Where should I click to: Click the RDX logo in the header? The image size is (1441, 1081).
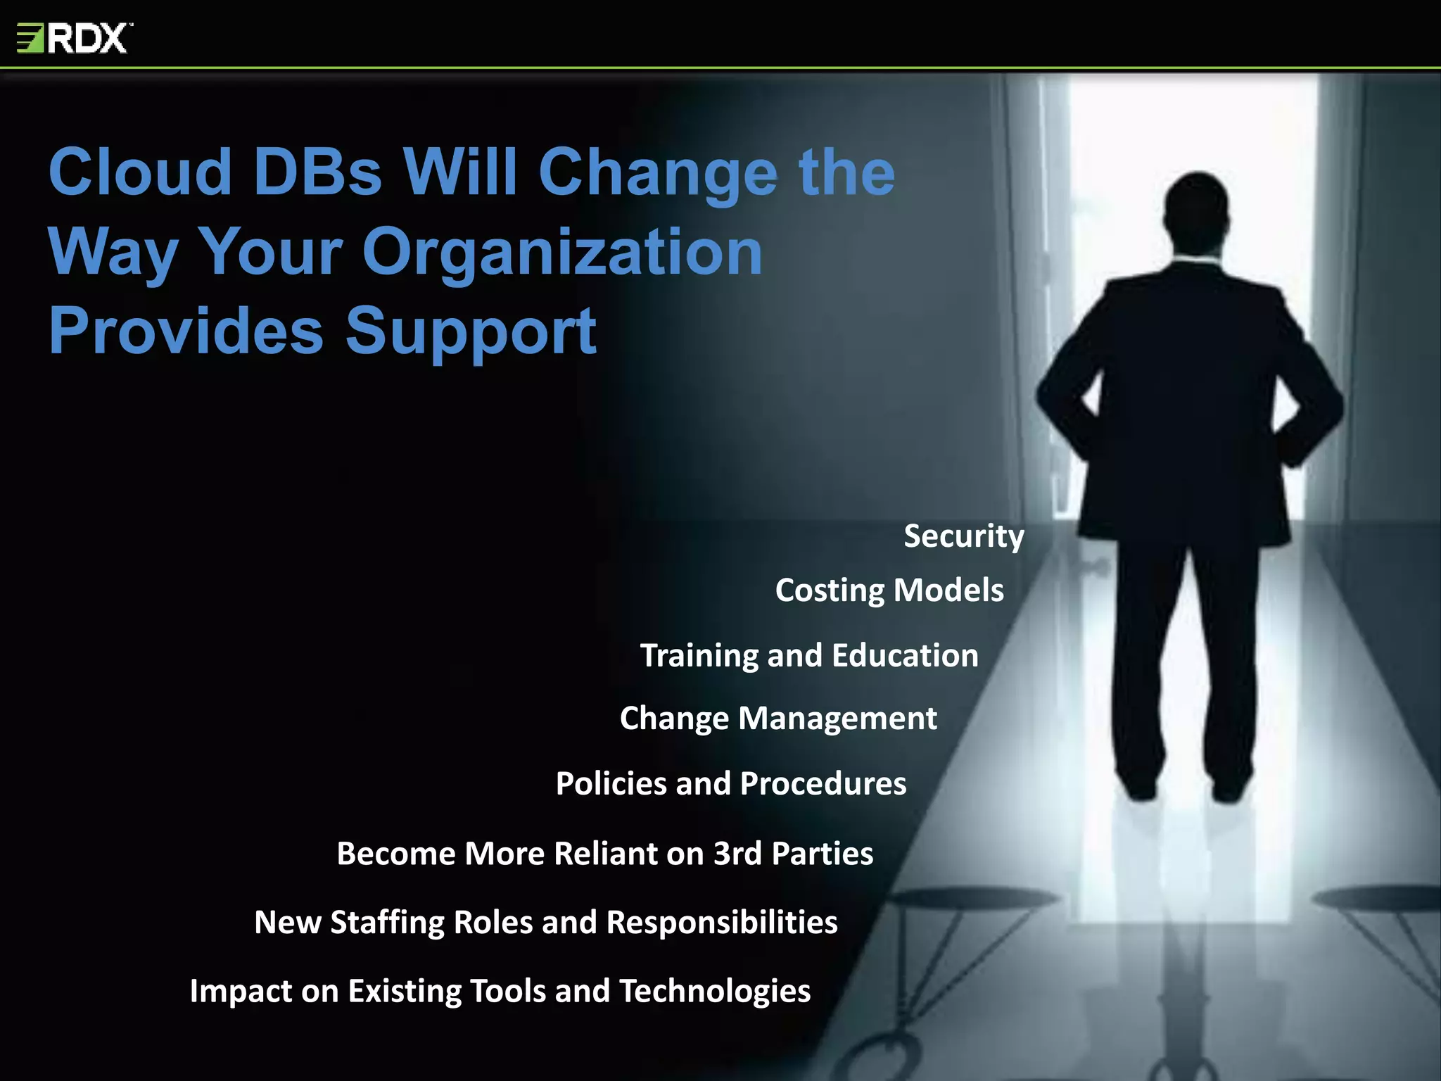(73, 38)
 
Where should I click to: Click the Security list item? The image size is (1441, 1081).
(963, 536)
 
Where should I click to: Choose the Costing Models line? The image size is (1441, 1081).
(889, 590)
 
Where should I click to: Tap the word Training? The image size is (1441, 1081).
(699, 656)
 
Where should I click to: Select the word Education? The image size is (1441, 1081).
(905, 656)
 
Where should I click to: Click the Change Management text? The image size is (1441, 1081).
(777, 719)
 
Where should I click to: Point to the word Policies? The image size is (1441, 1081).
(611, 783)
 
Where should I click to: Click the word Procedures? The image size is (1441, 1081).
(823, 783)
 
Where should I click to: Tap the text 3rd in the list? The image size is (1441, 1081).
(737, 854)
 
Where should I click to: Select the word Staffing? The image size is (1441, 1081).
(388, 923)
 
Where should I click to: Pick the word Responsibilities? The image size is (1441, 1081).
(722, 923)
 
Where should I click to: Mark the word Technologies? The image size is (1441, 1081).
(715, 991)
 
